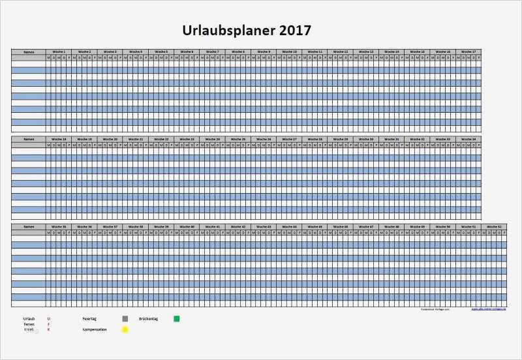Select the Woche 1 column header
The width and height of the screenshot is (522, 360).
click(x=59, y=52)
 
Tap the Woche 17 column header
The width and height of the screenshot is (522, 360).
click(x=468, y=52)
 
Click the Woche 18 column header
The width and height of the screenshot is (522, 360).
click(x=59, y=139)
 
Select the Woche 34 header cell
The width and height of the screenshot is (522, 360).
click(x=468, y=139)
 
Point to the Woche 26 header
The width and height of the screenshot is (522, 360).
click(x=264, y=139)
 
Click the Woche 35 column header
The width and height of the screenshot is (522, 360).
click(x=59, y=226)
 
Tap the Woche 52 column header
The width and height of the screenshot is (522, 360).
click(x=494, y=226)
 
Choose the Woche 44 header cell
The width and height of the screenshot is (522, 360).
click(x=289, y=226)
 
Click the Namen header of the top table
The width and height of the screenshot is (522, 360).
click(x=28, y=52)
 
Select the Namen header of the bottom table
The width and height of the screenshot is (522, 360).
click(x=28, y=226)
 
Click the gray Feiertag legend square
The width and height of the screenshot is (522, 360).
click(x=125, y=319)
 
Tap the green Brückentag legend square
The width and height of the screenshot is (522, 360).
click(x=176, y=319)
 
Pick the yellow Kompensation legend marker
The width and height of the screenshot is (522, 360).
click(x=125, y=329)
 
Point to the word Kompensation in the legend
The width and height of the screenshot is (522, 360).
click(x=95, y=329)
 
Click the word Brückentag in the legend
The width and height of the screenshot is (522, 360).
click(x=149, y=318)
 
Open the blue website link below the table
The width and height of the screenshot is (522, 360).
click(x=488, y=310)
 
